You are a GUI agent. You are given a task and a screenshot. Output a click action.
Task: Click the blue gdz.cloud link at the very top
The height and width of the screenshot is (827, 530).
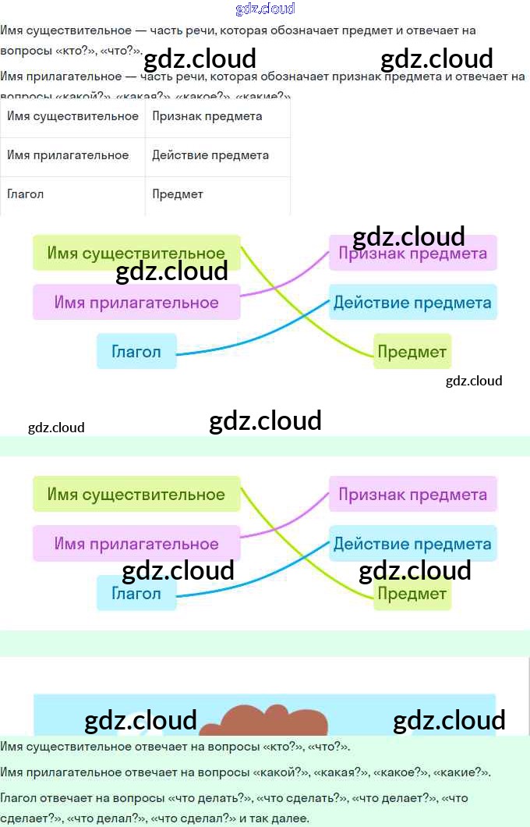[x=265, y=9]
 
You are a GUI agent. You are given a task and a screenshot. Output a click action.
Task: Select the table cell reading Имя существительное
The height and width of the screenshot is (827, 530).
[x=72, y=116]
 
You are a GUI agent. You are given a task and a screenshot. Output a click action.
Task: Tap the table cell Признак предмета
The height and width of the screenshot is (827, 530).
[x=207, y=116]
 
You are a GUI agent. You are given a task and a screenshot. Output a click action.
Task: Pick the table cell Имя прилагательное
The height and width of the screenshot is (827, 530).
[x=68, y=155]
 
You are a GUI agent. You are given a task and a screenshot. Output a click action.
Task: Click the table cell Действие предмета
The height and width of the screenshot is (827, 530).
[x=210, y=155]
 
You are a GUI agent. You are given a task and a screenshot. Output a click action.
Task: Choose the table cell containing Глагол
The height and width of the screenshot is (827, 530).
[x=26, y=194]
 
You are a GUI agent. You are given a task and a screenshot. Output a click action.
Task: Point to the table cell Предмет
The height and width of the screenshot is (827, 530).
[x=178, y=194]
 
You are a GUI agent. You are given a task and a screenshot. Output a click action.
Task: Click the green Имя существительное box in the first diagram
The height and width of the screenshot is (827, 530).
[x=136, y=253]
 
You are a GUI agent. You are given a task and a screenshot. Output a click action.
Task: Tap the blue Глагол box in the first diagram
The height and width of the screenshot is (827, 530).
[x=136, y=351]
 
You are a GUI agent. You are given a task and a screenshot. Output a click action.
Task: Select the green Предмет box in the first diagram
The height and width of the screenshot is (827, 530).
[x=412, y=352]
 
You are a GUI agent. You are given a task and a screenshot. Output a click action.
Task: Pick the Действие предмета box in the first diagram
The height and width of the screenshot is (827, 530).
[x=412, y=303]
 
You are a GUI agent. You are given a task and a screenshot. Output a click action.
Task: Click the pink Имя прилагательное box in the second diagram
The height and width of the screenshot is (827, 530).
[x=136, y=544]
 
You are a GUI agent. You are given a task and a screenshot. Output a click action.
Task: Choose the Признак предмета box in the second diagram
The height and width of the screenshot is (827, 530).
[x=412, y=495]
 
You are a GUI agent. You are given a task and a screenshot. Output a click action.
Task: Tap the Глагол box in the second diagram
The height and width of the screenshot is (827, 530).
[x=136, y=594]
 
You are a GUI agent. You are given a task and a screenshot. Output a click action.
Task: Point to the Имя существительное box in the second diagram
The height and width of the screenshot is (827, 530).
[x=136, y=495]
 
